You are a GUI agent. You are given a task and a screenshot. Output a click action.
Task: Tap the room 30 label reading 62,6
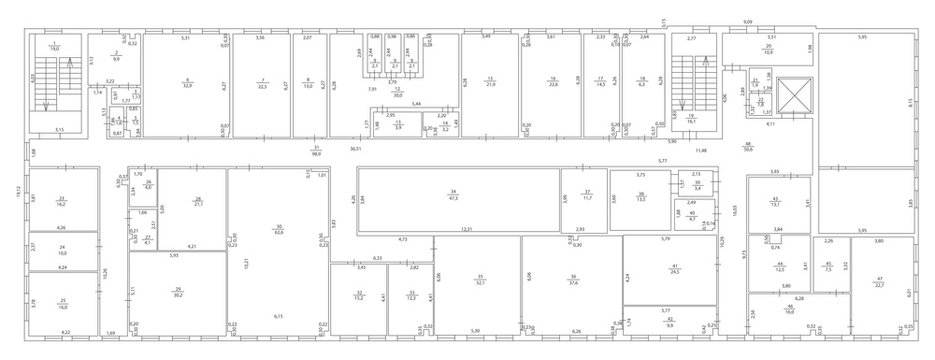(x=279, y=232)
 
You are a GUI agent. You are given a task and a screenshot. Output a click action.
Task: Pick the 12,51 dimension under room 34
(x=465, y=230)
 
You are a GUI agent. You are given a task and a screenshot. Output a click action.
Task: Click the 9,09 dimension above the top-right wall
(x=747, y=21)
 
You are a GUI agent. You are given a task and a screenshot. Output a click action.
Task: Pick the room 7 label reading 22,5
(x=261, y=84)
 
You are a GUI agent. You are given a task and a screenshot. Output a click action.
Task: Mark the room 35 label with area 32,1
(x=480, y=281)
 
